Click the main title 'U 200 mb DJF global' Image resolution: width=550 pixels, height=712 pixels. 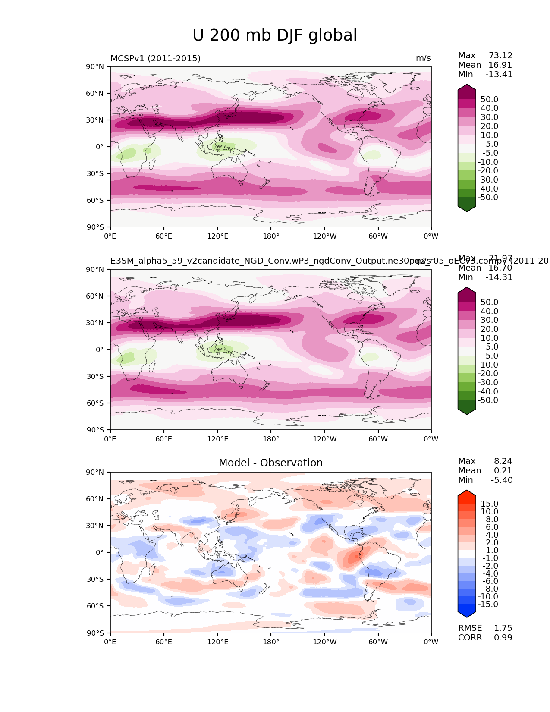tap(275, 35)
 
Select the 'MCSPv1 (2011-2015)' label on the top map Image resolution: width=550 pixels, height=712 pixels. tap(155, 58)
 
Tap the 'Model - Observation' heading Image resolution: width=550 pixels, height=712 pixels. tap(270, 463)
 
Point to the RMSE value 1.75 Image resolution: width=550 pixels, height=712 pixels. tap(503, 628)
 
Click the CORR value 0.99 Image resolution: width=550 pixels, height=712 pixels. tap(503, 637)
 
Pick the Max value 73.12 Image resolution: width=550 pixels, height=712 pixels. tap(500, 55)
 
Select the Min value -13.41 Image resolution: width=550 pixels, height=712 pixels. tap(499, 74)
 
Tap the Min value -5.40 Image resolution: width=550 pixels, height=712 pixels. tap(502, 480)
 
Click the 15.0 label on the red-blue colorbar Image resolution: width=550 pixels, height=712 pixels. tap(489, 504)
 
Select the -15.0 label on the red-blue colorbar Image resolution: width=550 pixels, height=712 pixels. tap(488, 604)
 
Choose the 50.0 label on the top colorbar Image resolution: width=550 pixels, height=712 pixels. tap(489, 99)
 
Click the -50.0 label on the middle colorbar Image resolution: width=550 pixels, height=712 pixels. tap(488, 400)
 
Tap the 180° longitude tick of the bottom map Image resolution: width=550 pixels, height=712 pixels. tap(271, 642)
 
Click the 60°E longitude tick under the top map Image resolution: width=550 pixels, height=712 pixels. tap(164, 236)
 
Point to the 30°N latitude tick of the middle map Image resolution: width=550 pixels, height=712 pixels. tap(95, 323)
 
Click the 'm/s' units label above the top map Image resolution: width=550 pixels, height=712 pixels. tap(423, 58)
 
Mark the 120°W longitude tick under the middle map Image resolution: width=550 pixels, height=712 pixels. tap(325, 439)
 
